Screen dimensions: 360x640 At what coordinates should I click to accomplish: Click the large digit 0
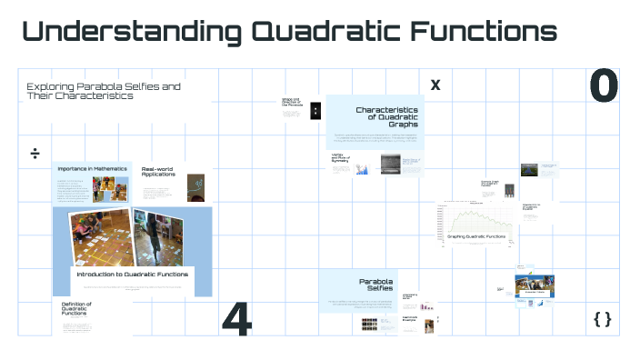pyautogui.click(x=604, y=86)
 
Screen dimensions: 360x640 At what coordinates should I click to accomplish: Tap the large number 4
pyautogui.click(x=236, y=318)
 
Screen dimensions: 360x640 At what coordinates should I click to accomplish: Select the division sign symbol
pyautogui.click(x=35, y=153)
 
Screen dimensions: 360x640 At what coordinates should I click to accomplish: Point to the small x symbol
pyautogui.click(x=435, y=85)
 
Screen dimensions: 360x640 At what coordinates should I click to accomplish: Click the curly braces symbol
pyautogui.click(x=602, y=318)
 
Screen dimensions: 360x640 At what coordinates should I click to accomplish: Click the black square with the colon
pyautogui.click(x=315, y=111)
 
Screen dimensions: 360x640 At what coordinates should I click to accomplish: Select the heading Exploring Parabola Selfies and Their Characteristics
pyautogui.click(x=103, y=91)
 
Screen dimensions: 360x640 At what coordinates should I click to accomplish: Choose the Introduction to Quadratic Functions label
pyautogui.click(x=133, y=274)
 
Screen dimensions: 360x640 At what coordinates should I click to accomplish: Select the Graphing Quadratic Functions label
pyautogui.click(x=475, y=236)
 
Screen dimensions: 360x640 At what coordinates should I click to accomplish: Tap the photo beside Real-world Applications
pyautogui.click(x=195, y=187)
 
